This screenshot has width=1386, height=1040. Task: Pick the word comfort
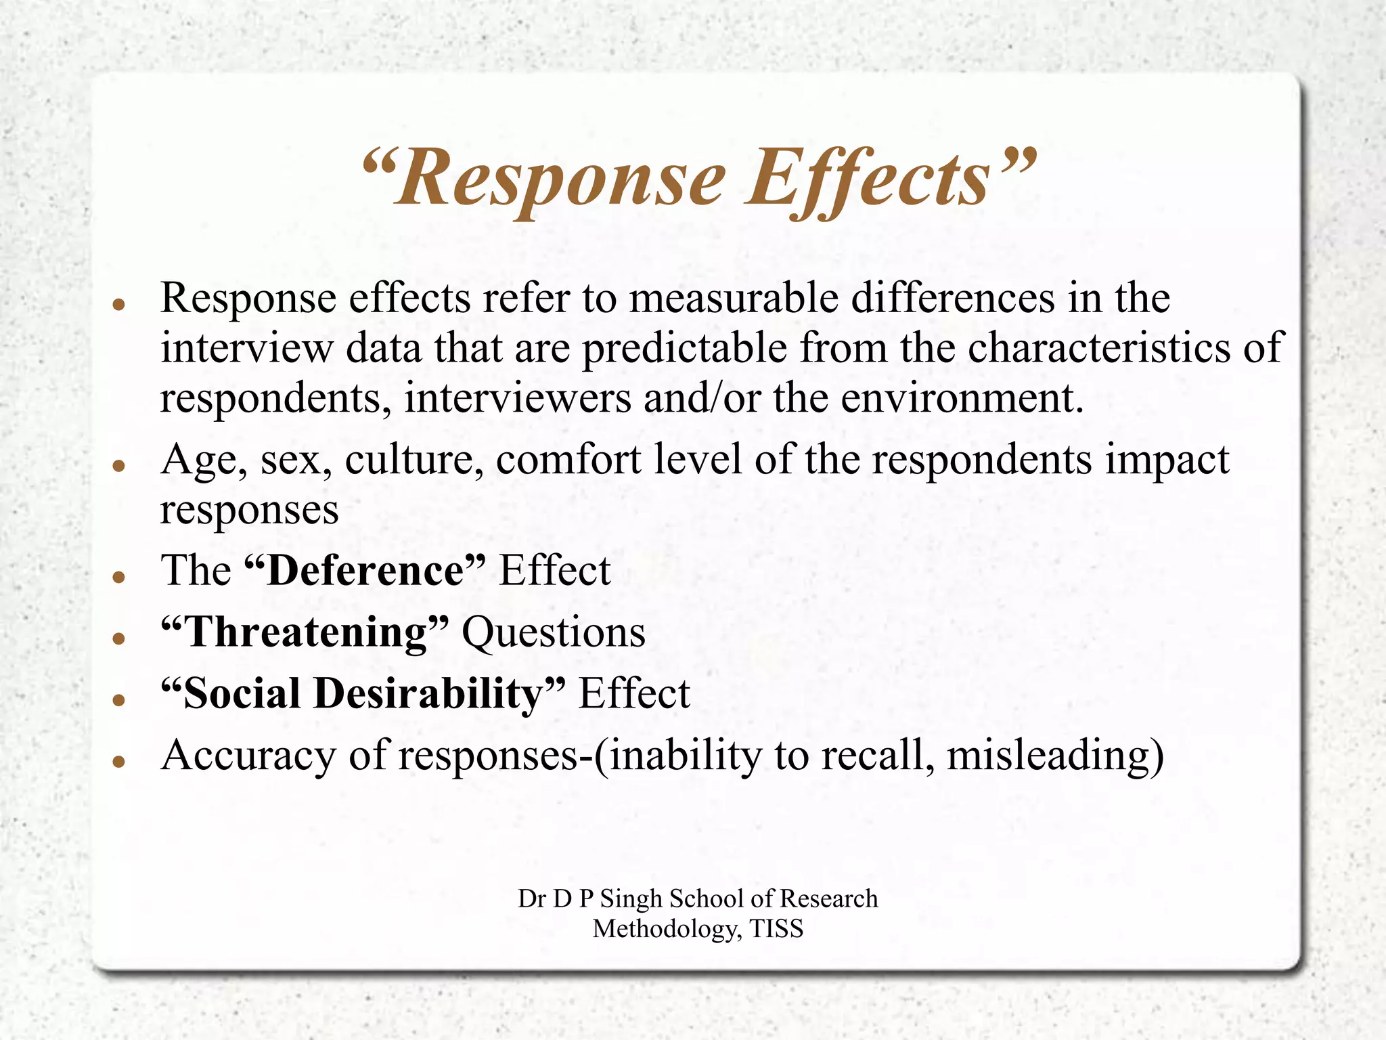(x=568, y=460)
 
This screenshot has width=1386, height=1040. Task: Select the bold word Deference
(x=366, y=570)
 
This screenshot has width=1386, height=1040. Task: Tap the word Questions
(x=554, y=632)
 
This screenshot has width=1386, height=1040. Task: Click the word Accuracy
(x=248, y=756)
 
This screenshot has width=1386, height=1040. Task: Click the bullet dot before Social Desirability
(x=119, y=699)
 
